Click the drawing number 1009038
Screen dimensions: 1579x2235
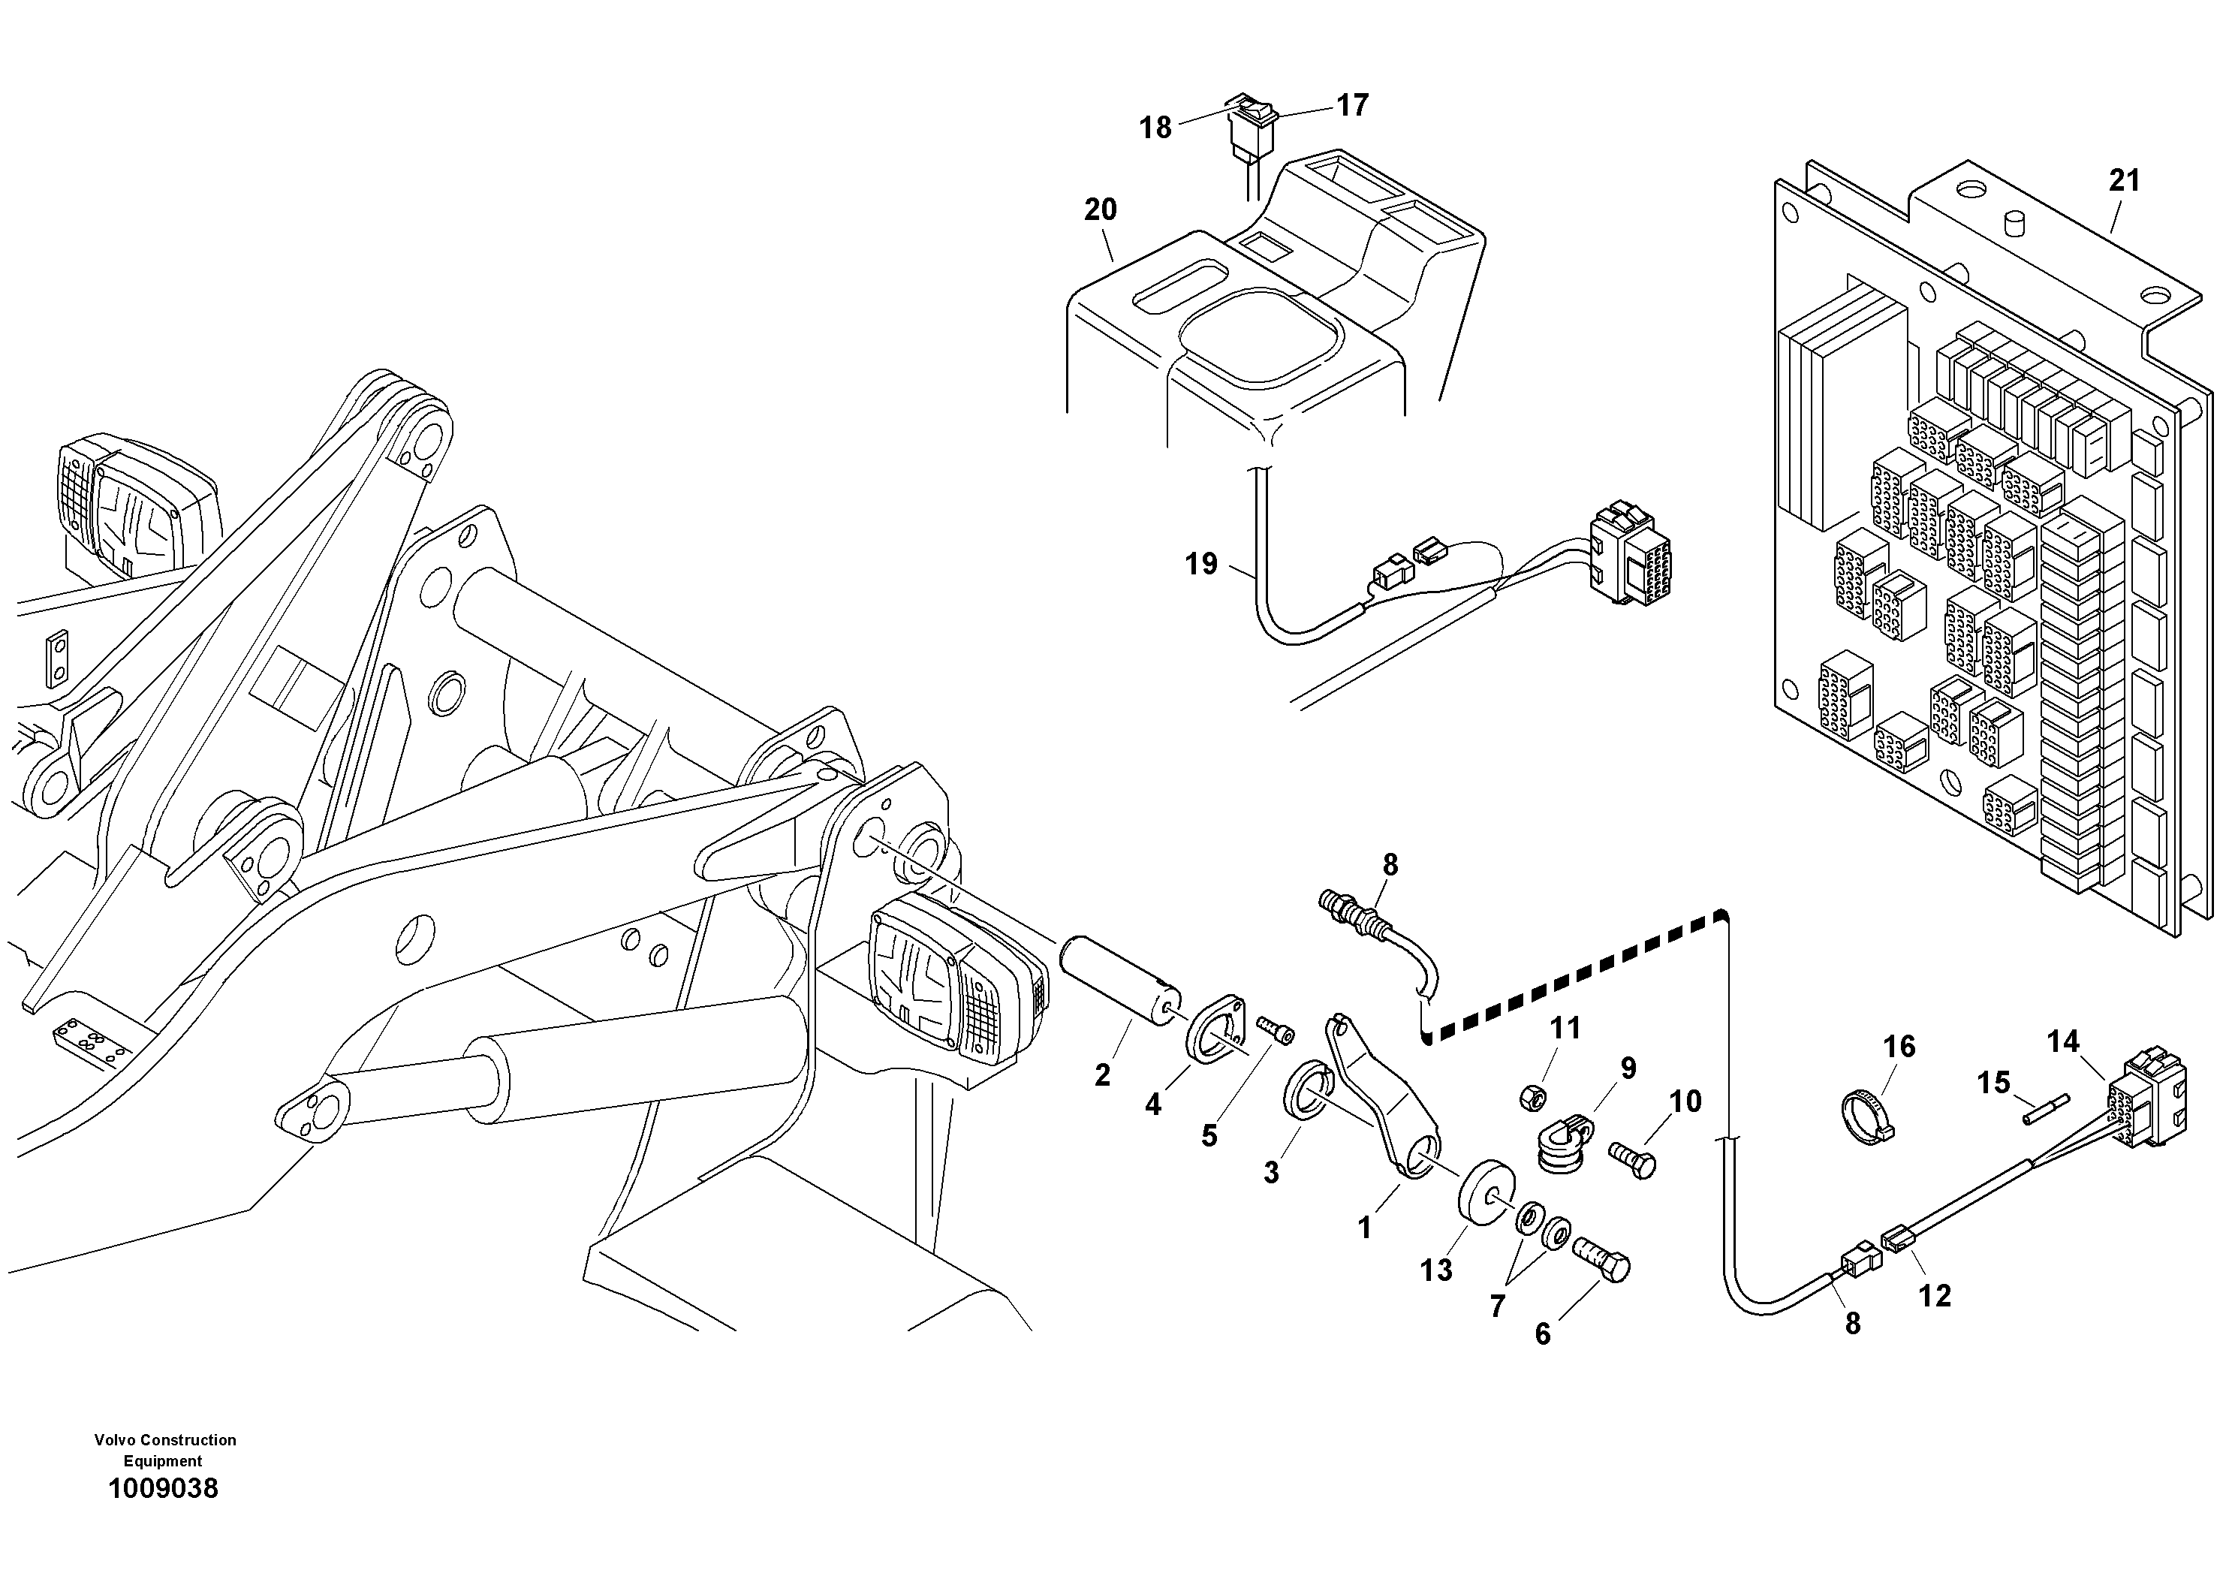coord(163,1488)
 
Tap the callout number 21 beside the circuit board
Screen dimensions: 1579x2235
coord(2124,180)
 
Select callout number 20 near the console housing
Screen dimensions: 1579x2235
coord(1100,209)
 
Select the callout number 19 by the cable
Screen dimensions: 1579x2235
coord(1201,564)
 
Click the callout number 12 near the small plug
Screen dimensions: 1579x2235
coord(1934,1296)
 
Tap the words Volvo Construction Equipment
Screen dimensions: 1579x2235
coord(164,1450)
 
